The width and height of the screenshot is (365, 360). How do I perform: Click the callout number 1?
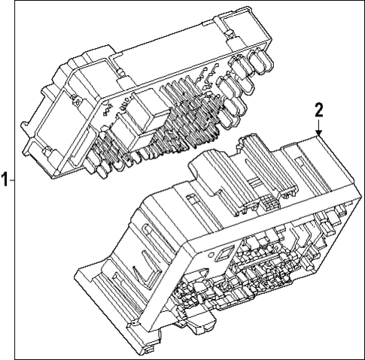(x=5, y=180)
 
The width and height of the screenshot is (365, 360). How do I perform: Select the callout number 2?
(x=319, y=110)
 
